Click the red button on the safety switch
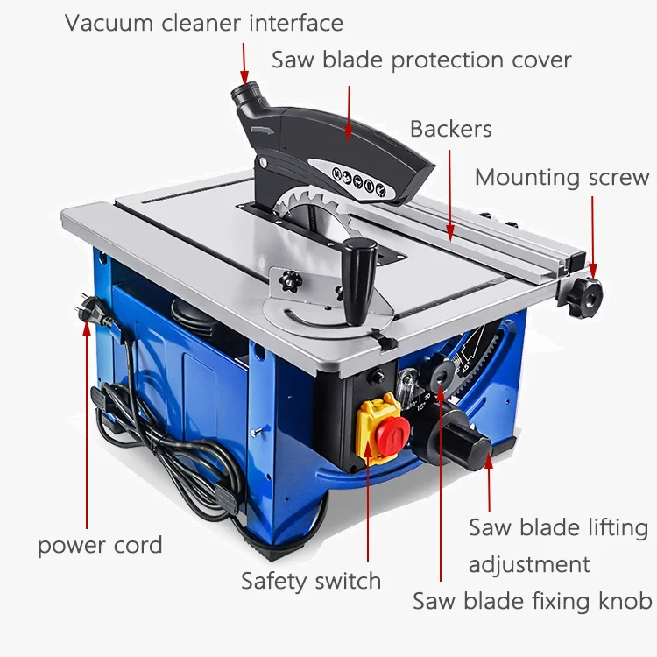tap(392, 435)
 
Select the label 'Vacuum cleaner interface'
tap(204, 23)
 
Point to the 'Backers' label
tap(451, 129)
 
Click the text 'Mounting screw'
tap(562, 178)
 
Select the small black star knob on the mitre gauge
tap(290, 280)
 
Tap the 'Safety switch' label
tap(311, 582)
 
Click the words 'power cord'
tap(100, 546)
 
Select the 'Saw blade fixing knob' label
tap(532, 601)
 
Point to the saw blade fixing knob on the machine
tap(439, 375)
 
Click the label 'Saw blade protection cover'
tap(421, 60)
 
